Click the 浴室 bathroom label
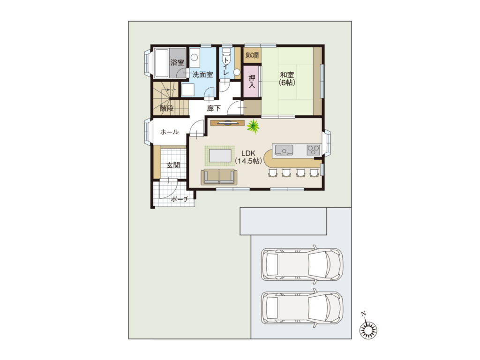click(177, 63)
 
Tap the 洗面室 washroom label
click(202, 75)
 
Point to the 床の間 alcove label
click(252, 55)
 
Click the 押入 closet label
click(252, 81)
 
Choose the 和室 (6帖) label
click(287, 78)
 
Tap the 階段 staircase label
click(166, 108)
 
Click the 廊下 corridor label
click(214, 108)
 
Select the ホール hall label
click(169, 132)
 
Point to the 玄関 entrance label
click(173, 165)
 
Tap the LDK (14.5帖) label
click(248, 157)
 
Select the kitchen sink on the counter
click(284, 150)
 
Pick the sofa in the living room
click(219, 177)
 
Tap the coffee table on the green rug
click(220, 155)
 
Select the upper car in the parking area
click(302, 264)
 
